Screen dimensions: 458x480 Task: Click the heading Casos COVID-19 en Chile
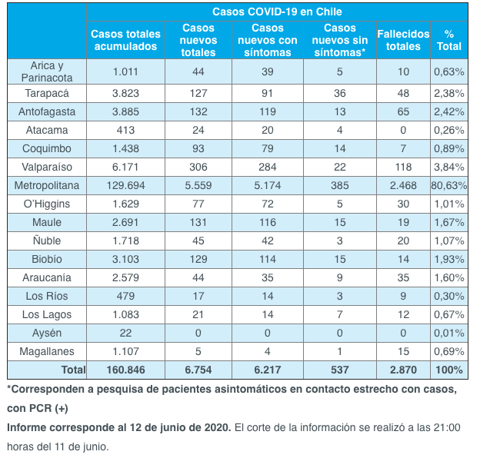pyautogui.click(x=277, y=12)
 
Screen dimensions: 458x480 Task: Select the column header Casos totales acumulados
pyautogui.click(x=125, y=40)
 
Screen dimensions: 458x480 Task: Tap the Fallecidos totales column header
pyautogui.click(x=404, y=40)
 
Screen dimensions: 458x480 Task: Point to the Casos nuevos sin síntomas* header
pyautogui.click(x=340, y=40)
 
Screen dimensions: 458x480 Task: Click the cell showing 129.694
pyautogui.click(x=125, y=185)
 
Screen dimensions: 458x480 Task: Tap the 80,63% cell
pyautogui.click(x=449, y=185)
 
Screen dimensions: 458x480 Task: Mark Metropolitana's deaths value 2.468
pyautogui.click(x=404, y=185)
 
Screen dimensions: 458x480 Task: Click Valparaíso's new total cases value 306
pyautogui.click(x=199, y=167)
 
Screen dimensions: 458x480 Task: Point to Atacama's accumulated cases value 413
pyautogui.click(x=125, y=130)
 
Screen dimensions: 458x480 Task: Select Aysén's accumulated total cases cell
pyautogui.click(x=125, y=333)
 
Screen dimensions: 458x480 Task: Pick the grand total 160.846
pyautogui.click(x=125, y=370)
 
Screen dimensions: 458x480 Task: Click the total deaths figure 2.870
pyautogui.click(x=404, y=370)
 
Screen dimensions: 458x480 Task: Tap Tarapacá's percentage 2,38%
pyautogui.click(x=449, y=93)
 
